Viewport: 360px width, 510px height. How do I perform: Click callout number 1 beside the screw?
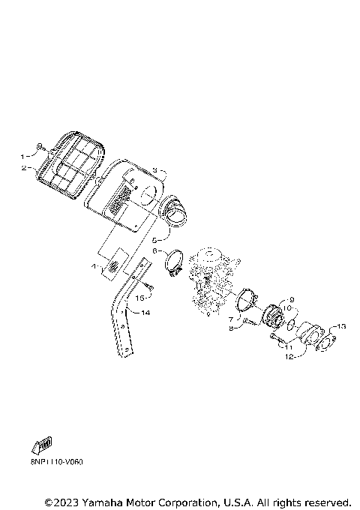(22, 156)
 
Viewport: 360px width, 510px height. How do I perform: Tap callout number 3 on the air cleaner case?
(153, 171)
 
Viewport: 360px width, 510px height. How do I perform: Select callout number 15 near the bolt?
(139, 297)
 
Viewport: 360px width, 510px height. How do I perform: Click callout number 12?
(288, 358)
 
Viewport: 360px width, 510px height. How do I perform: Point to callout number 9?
(292, 298)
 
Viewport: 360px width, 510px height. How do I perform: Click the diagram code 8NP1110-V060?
(57, 462)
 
